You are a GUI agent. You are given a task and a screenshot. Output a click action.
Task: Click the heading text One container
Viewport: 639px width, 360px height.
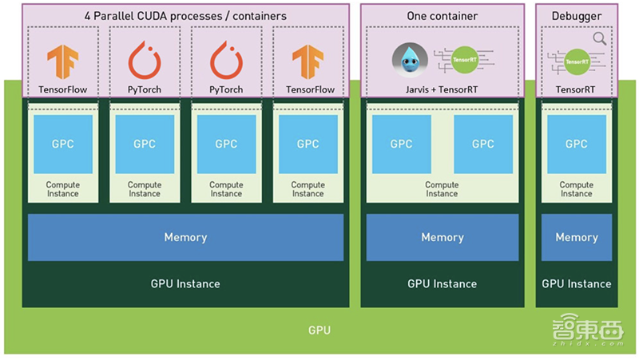442,16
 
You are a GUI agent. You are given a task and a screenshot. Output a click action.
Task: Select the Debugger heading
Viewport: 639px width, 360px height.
576,16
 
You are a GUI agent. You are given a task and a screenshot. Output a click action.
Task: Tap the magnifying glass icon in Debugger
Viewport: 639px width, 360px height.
599,38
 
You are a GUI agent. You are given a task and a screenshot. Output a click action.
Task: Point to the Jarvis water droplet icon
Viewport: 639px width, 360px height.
411,61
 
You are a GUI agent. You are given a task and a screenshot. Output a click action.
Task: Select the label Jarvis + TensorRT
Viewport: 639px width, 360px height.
442,89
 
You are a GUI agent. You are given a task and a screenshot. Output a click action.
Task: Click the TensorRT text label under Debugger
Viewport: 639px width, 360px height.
576,89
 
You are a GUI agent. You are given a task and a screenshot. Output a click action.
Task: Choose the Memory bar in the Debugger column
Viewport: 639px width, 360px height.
576,237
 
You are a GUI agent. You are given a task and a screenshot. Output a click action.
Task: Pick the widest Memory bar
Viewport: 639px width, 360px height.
185,237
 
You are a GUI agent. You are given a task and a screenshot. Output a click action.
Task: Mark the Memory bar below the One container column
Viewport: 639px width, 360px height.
442,237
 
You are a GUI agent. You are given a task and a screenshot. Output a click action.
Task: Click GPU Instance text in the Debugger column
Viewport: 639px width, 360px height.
576,283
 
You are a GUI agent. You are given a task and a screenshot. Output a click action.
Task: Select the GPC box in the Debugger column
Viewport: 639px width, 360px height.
576,144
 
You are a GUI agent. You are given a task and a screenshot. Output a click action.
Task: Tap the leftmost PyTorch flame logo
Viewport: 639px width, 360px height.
145,61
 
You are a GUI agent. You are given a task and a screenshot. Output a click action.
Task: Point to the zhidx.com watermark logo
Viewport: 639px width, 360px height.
588,330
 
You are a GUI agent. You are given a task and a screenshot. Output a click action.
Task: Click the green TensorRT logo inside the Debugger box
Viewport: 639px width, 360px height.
576,61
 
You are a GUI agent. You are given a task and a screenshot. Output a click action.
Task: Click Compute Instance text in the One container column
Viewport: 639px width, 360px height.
442,189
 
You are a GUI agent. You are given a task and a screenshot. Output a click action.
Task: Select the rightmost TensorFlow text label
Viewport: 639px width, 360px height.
308,89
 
